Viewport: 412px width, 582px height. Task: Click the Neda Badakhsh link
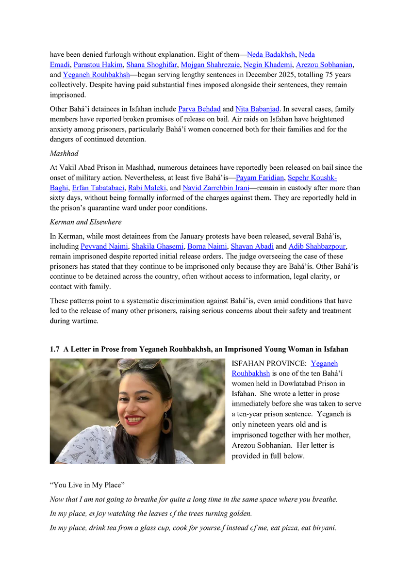pos(271,55)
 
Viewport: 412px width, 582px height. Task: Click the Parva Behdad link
pos(199,109)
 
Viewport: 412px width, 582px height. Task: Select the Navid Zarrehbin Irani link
pos(215,188)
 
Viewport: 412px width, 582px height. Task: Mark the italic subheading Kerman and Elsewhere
pos(85,222)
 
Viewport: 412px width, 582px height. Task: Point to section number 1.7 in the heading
pos(55,349)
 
